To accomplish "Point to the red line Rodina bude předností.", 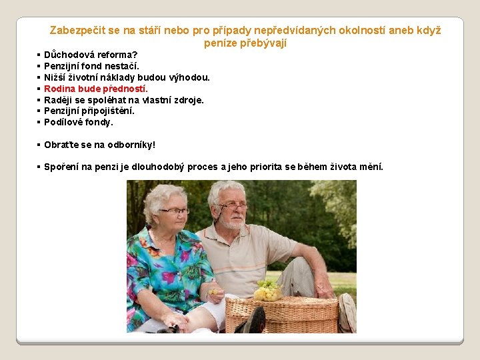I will [x=96, y=89].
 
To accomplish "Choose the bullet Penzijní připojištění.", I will [x=89, y=111].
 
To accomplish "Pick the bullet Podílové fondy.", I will [x=79, y=122].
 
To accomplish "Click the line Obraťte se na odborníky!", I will [x=99, y=145].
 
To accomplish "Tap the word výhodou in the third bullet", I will [x=192, y=77].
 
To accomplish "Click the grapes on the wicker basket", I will [x=268, y=289].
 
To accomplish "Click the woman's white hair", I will [x=163, y=195].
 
